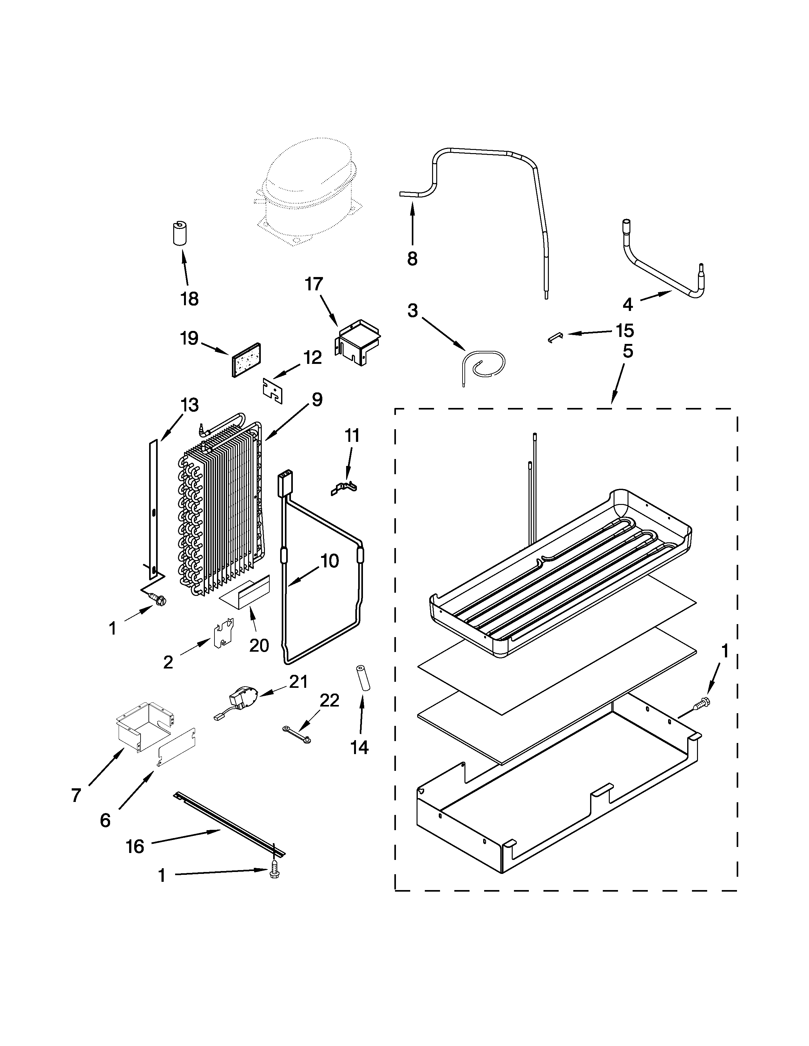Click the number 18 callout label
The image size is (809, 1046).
tap(190, 299)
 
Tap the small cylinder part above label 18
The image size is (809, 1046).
tap(180, 233)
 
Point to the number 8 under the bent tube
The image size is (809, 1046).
tap(412, 259)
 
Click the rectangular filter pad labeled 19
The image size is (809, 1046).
tap(247, 360)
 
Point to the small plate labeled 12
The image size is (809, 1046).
tap(272, 390)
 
